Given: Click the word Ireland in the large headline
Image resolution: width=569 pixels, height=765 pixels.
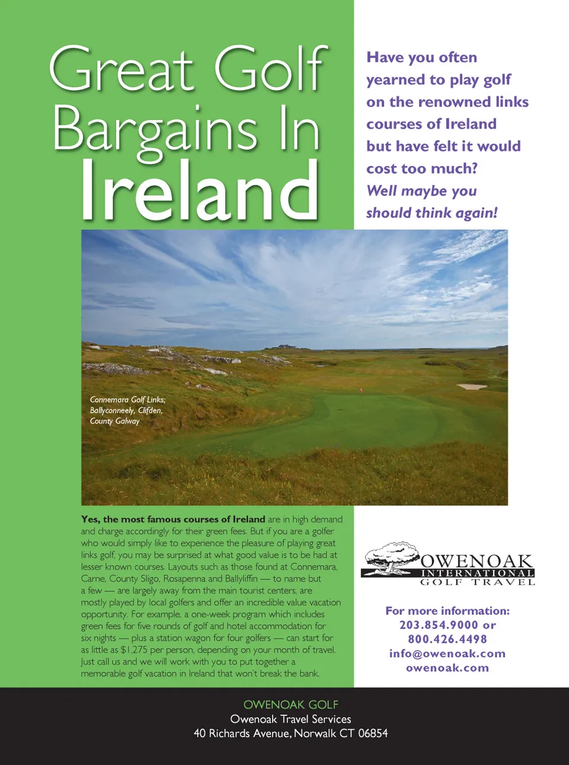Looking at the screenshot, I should [199, 191].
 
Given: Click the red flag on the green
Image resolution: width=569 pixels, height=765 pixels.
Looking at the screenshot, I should [361, 391].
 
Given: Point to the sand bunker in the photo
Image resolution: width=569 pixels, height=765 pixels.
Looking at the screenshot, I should [472, 387].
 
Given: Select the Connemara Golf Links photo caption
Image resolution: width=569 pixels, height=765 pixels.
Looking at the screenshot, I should [127, 410].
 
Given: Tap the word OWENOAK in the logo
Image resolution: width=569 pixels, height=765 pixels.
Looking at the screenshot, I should [477, 561].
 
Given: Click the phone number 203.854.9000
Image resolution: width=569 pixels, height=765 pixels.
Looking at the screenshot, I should [439, 625].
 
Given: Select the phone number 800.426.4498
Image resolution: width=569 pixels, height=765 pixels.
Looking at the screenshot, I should [447, 639].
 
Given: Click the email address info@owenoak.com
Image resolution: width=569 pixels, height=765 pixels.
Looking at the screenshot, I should [447, 654].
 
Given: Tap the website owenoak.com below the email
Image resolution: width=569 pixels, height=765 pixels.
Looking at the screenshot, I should [447, 668].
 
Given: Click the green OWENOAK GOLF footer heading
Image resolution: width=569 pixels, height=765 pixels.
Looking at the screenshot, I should [290, 705].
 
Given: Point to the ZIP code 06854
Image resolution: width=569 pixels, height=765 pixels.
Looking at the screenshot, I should [373, 734].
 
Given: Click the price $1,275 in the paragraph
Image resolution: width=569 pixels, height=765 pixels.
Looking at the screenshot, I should [134, 650].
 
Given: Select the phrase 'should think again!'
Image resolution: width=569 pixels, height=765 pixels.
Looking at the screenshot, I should [431, 213].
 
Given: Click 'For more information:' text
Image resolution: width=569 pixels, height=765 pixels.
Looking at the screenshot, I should [447, 611].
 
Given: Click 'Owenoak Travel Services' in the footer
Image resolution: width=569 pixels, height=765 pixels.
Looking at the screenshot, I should [290, 719].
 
